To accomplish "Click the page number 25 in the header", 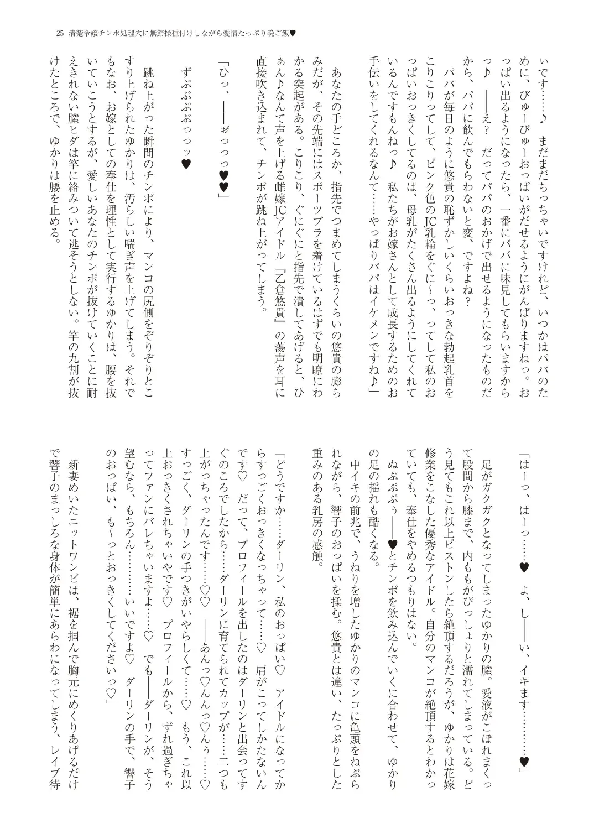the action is tap(60, 33).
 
